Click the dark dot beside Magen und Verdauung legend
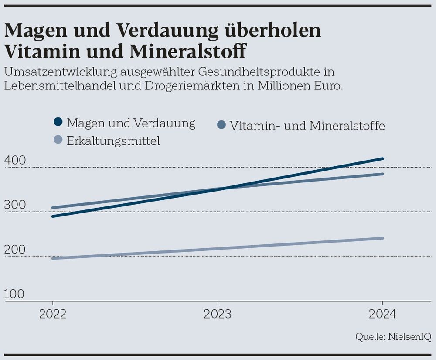pos(58,123)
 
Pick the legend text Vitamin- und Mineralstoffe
pos(307,126)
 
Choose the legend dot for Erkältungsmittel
pos(58,141)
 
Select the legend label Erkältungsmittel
pos(113,141)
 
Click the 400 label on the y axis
pos(15,161)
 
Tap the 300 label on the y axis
pos(15,205)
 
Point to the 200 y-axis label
pos(15,250)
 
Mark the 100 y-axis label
pos(15,294)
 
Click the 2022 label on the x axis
pos(53,314)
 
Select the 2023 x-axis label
pos(218,314)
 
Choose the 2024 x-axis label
pos(382,314)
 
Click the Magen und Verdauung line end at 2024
pos(382,159)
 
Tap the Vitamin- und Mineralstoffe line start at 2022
pos(53,208)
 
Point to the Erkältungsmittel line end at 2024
pos(382,238)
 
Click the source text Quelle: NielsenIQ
pos(393,336)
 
